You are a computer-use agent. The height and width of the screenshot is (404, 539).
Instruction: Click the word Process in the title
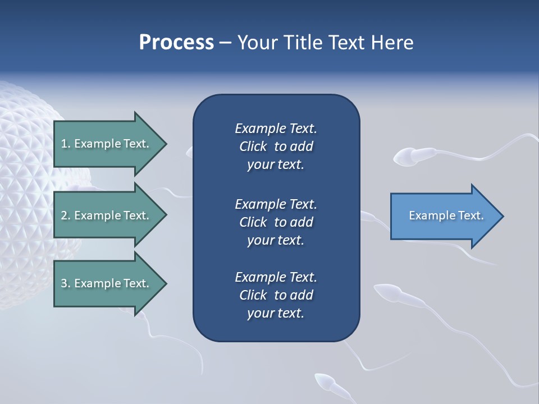coord(176,43)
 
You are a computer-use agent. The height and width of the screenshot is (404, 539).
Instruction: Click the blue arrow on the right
coord(444,216)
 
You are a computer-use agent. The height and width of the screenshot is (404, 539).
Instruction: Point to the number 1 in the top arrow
coord(63,144)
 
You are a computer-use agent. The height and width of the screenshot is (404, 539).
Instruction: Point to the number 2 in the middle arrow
coord(63,215)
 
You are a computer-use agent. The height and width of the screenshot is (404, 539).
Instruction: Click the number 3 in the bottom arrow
coord(63,283)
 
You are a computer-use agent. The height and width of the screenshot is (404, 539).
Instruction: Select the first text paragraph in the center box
coord(276,146)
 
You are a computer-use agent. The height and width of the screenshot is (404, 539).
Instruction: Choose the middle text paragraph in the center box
coord(276,222)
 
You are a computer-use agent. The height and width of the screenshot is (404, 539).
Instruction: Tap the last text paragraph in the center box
coord(276,295)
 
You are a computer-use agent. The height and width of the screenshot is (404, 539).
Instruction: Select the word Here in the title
coord(392,43)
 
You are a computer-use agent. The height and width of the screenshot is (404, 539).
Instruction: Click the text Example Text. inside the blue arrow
coord(446,215)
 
